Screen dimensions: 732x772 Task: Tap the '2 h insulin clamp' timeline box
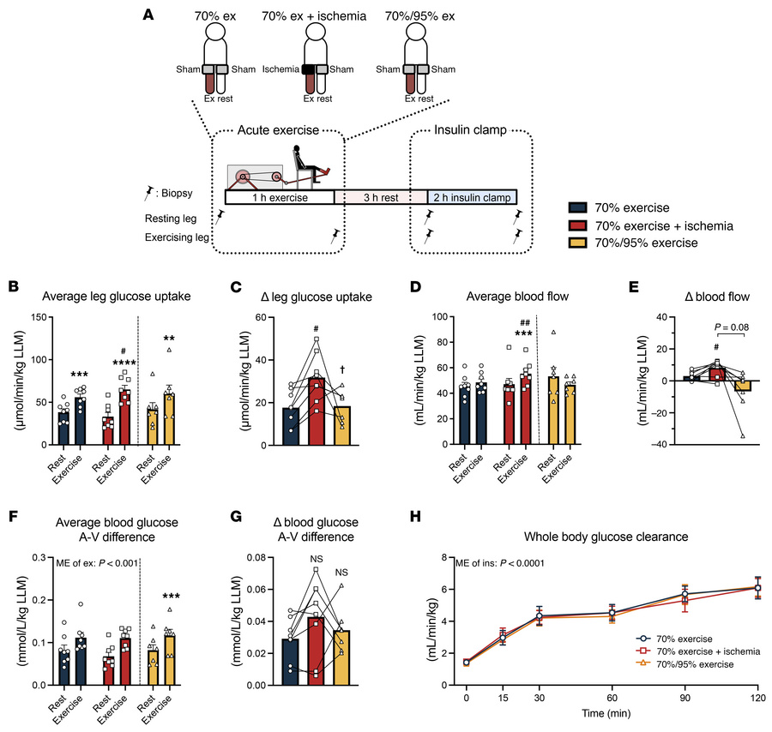click(x=472, y=197)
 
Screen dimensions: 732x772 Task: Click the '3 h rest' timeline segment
click(x=379, y=197)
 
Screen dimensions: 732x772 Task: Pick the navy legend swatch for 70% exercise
click(x=581, y=207)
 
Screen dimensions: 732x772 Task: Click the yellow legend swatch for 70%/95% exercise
click(x=581, y=243)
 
